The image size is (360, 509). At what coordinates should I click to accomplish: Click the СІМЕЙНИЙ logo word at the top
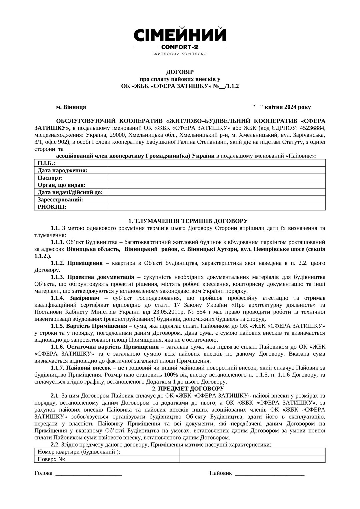click(x=180, y=35)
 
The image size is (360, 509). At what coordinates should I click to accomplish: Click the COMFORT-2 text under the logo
click(x=180, y=47)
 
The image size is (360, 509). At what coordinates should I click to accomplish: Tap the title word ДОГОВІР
click(x=180, y=72)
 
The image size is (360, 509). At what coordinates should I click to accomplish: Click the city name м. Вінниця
click(x=71, y=107)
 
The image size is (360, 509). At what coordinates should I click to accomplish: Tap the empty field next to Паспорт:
click(x=216, y=178)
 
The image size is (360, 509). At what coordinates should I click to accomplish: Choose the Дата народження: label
click(x=63, y=170)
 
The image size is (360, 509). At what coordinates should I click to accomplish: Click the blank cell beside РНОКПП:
click(x=216, y=207)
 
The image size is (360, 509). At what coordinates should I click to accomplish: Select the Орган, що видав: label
click(x=62, y=185)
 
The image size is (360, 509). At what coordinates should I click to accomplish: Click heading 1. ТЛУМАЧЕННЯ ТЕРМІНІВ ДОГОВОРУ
click(x=188, y=221)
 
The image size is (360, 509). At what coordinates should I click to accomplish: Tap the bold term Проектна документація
click(x=101, y=277)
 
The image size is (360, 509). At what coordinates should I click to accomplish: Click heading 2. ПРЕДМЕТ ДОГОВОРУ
click(x=188, y=389)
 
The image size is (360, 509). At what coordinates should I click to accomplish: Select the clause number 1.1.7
click(x=57, y=368)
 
